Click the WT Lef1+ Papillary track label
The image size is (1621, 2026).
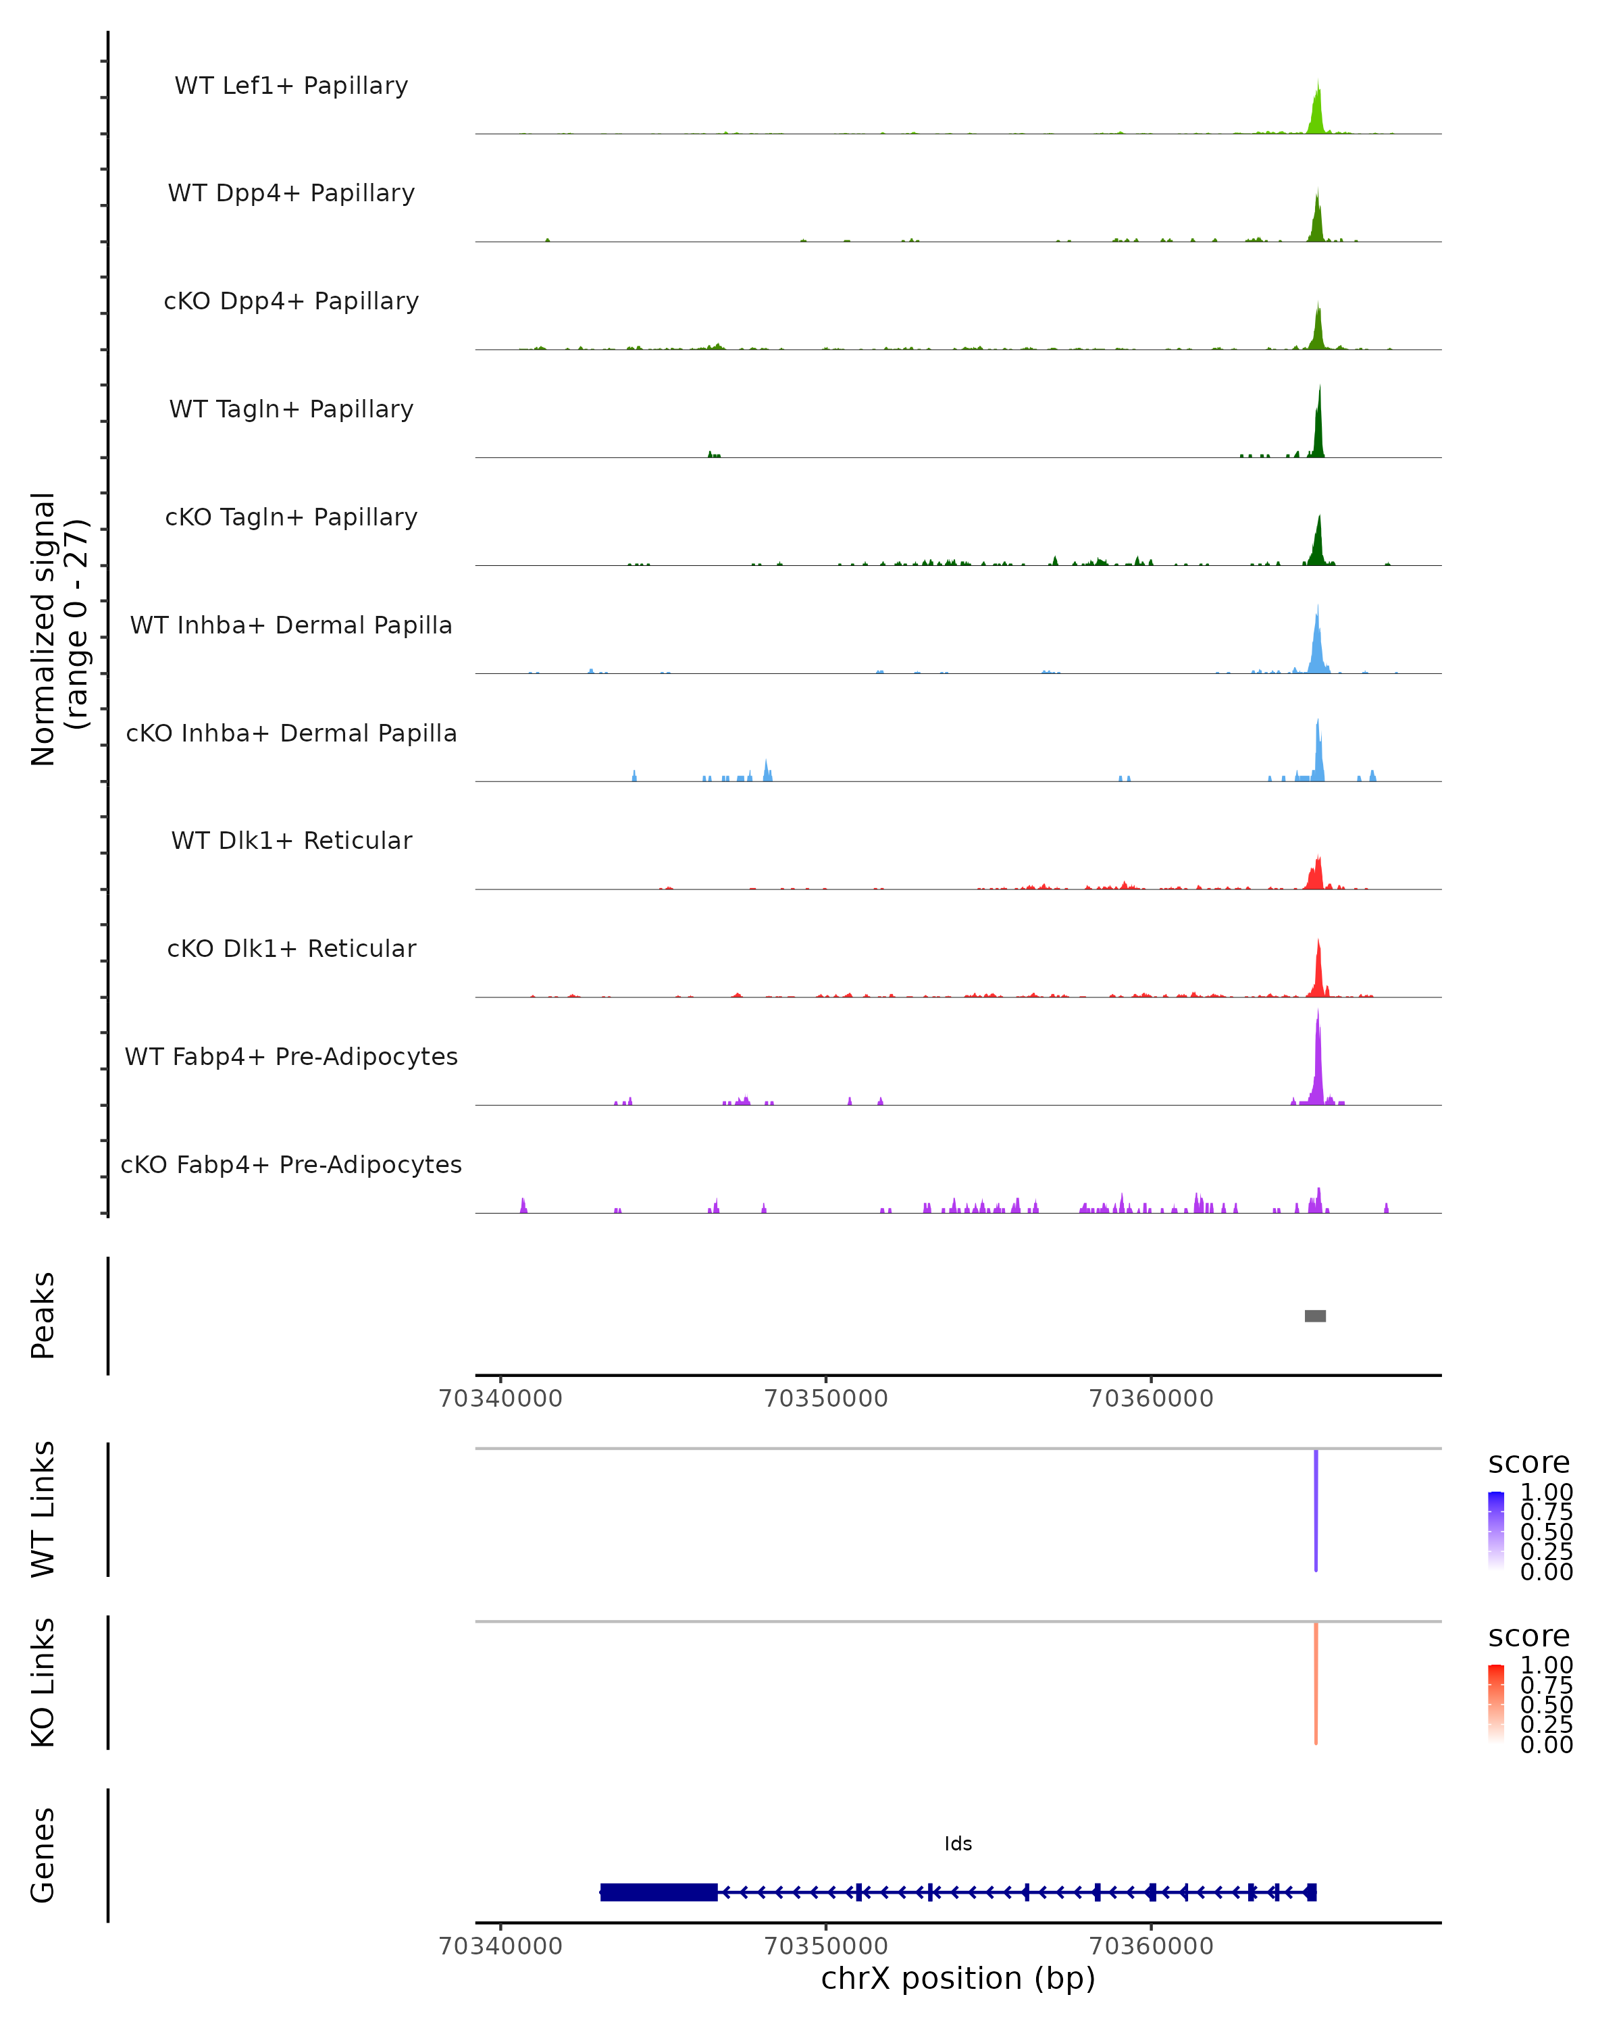tap(291, 86)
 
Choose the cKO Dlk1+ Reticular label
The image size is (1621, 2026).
tap(291, 948)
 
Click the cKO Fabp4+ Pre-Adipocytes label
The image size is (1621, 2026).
tap(291, 1164)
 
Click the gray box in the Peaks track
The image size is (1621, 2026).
tap(1314, 1316)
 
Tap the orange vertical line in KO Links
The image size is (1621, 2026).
tap(1316, 1683)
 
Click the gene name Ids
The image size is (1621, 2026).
tap(958, 1844)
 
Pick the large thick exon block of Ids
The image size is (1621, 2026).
tap(659, 1892)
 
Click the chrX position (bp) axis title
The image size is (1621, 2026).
tap(958, 1978)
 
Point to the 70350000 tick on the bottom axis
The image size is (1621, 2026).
tap(826, 1945)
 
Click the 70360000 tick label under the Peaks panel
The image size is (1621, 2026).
tap(1151, 1399)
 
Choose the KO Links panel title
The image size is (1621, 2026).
tap(43, 1682)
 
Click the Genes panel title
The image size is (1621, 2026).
tap(43, 1855)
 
